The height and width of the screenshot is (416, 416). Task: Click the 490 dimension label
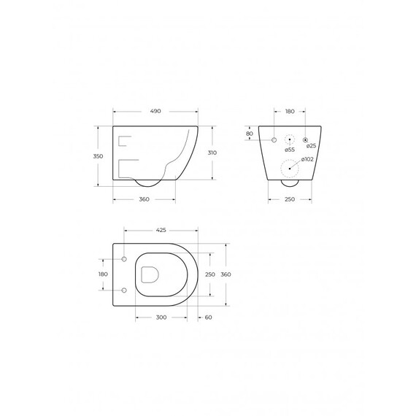coord(155,111)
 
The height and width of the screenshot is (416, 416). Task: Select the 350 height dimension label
coord(98,156)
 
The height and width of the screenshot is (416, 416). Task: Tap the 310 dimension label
coord(212,153)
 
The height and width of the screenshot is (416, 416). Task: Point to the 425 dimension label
coord(161,230)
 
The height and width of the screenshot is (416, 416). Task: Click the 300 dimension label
coord(161,317)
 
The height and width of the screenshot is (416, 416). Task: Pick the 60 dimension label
coord(209,317)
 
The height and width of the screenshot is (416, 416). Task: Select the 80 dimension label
coord(250,134)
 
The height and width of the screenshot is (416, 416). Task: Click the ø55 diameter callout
coord(290,150)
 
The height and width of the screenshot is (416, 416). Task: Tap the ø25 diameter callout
coord(311,146)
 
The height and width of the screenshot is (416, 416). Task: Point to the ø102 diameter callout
coord(307,159)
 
